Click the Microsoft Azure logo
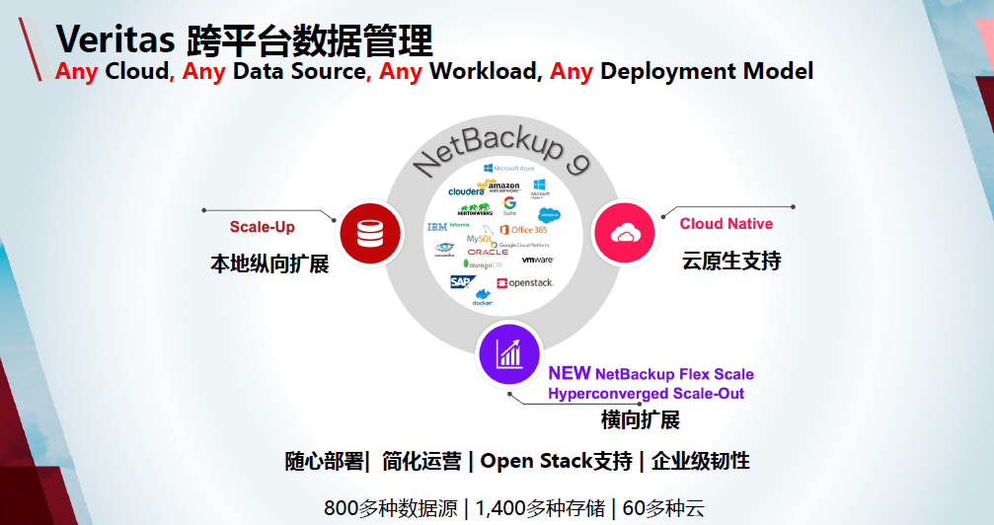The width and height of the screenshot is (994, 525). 509,169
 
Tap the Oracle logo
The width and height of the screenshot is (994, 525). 488,252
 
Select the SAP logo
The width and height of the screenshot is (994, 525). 460,282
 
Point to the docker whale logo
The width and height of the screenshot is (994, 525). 483,297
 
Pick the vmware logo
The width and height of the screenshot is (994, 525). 537,260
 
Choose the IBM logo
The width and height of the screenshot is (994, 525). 436,227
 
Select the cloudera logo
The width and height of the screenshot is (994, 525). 466,190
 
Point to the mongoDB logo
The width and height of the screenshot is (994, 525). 483,264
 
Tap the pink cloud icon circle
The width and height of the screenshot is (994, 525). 623,234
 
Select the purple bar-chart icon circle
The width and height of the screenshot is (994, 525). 509,353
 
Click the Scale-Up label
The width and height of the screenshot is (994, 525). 262,227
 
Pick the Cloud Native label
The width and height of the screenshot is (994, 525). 726,224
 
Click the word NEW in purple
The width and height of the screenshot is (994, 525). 569,373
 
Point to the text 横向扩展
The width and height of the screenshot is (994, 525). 640,419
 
